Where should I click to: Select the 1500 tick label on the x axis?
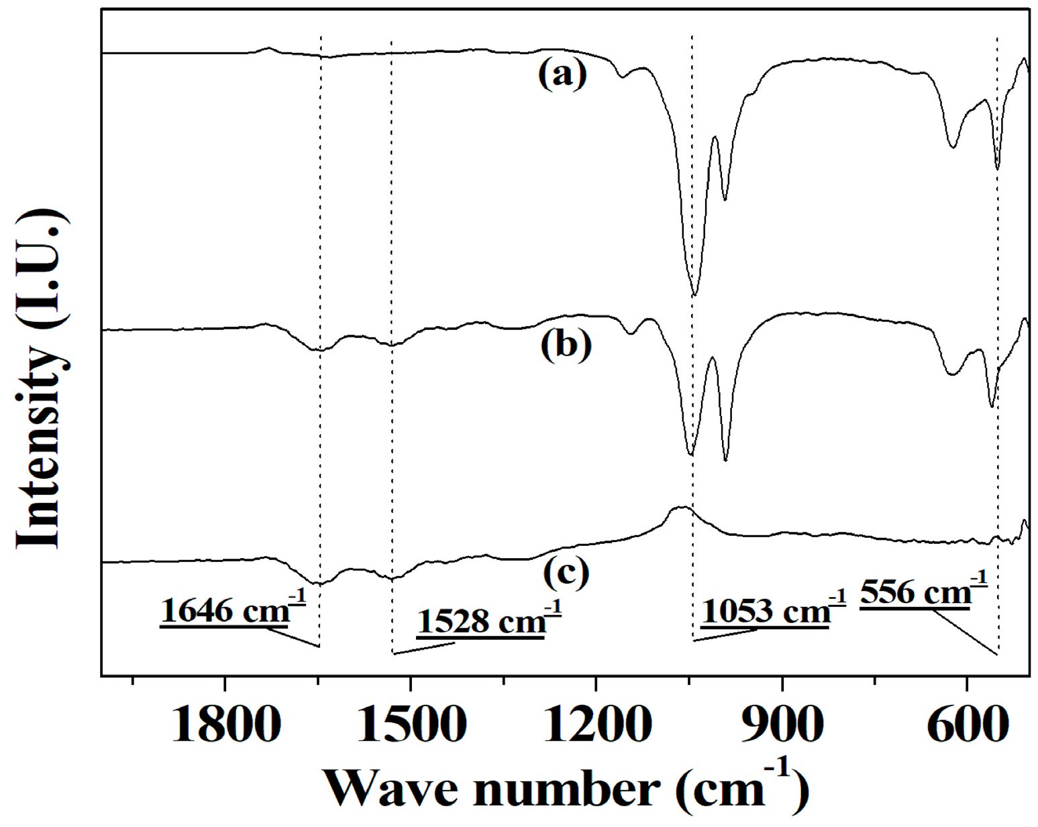[x=411, y=725]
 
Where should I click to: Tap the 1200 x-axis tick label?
[x=596, y=725]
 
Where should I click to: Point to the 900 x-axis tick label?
[x=782, y=725]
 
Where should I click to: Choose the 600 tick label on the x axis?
[x=967, y=725]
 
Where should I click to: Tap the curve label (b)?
[x=566, y=345]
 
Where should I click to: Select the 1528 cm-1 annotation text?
[x=488, y=620]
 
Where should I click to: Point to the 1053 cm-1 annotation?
[x=773, y=610]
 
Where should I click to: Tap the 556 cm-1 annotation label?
[x=923, y=592]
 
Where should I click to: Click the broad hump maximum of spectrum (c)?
[x=681, y=508]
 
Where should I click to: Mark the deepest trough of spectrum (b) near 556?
[x=991, y=406]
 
